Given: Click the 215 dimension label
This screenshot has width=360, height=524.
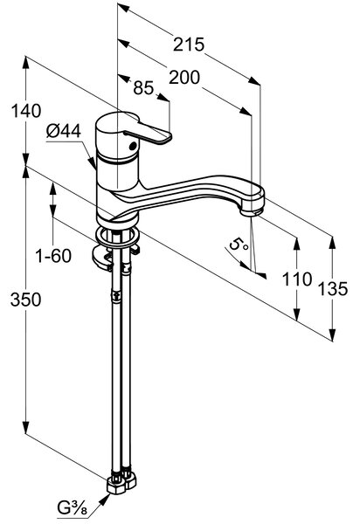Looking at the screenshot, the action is pyautogui.click(x=189, y=45).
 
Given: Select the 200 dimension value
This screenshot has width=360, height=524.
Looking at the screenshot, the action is pyautogui.click(x=184, y=78).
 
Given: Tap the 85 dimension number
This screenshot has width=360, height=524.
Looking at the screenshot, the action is pyautogui.click(x=143, y=88).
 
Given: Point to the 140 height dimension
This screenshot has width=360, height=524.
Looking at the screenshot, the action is pyautogui.click(x=26, y=111).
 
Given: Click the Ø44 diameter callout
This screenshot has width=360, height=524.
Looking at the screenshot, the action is pyautogui.click(x=64, y=131).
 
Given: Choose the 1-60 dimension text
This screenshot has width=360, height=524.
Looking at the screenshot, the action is pyautogui.click(x=53, y=256).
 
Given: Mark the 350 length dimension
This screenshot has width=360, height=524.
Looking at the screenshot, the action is pyautogui.click(x=25, y=300).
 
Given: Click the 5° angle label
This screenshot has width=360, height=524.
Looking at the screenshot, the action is pyautogui.click(x=239, y=245).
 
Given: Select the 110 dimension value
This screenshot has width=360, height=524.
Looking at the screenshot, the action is pyautogui.click(x=297, y=279).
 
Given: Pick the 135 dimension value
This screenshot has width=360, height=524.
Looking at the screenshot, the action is pyautogui.click(x=333, y=289).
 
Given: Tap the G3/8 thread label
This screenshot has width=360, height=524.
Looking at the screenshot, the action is pyautogui.click(x=73, y=509).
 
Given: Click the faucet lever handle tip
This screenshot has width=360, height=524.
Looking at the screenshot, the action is pyautogui.click(x=167, y=137).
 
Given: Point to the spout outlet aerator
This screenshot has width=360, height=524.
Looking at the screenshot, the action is pyautogui.click(x=252, y=212).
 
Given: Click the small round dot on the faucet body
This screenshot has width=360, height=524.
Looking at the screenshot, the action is pyautogui.click(x=132, y=146).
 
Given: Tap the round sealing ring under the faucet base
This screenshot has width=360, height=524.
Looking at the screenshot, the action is pyautogui.click(x=117, y=236).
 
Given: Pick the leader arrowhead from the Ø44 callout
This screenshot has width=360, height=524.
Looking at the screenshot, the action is pyautogui.click(x=92, y=163).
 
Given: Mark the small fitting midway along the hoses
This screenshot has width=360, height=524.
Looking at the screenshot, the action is pyautogui.click(x=115, y=296).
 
